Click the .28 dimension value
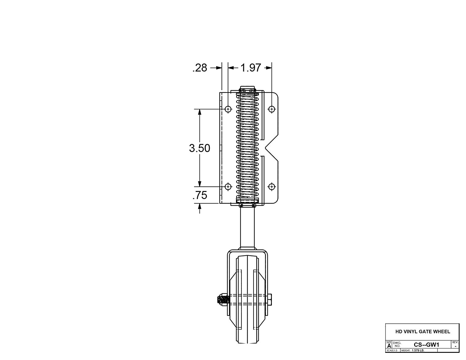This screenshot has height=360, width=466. (x=200, y=68)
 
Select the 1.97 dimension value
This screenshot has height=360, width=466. (x=250, y=68)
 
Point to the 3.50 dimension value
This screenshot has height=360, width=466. (x=199, y=148)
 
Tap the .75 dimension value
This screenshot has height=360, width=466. (x=200, y=195)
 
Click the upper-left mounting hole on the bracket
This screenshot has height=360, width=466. (x=228, y=109)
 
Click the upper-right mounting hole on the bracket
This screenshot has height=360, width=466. (x=272, y=109)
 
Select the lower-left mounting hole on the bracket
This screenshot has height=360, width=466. (x=228, y=187)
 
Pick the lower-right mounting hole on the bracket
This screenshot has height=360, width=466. (x=272, y=187)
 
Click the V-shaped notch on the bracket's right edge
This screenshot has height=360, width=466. (x=267, y=148)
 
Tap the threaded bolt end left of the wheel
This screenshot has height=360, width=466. (x=222, y=301)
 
